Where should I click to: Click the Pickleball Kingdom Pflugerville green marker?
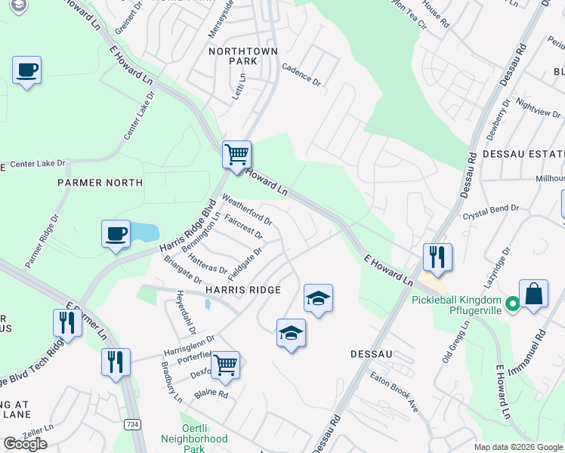pyautogui.click(x=511, y=304)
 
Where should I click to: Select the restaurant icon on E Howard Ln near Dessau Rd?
pyautogui.click(x=437, y=257)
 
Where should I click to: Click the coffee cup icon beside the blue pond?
pyautogui.click(x=116, y=233)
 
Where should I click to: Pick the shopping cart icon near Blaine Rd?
pyautogui.click(x=225, y=365)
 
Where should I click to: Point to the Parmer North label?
pyautogui.click(x=100, y=183)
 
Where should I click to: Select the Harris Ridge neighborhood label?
pyautogui.click(x=242, y=290)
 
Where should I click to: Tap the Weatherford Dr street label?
pyautogui.click(x=248, y=210)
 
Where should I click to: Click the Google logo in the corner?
pyautogui.click(x=25, y=444)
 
